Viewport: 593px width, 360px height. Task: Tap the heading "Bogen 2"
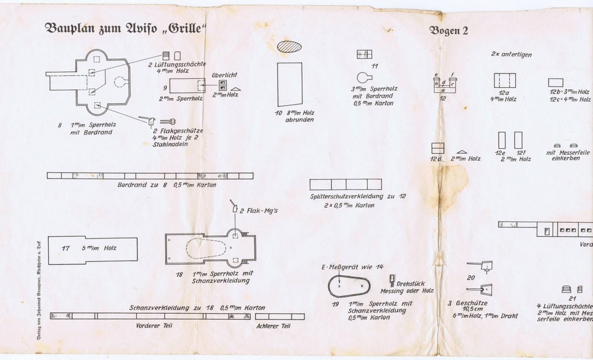pyautogui.click(x=449, y=31)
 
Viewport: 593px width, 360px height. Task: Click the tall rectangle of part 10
pyautogui.click(x=290, y=84)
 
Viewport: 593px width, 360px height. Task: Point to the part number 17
pyautogui.click(x=66, y=249)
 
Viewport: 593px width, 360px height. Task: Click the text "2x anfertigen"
pyautogui.click(x=511, y=54)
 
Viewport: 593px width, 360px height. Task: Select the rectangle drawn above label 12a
pyautogui.click(x=505, y=81)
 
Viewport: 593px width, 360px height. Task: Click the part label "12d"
pyautogui.click(x=436, y=159)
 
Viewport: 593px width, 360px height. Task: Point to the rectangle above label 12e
pyautogui.click(x=502, y=140)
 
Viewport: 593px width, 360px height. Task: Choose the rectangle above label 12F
pyautogui.click(x=518, y=140)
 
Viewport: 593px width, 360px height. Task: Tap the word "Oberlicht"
pyautogui.click(x=224, y=76)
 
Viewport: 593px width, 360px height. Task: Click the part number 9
pyautogui.click(x=165, y=87)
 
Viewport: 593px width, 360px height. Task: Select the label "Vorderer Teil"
pyautogui.click(x=154, y=325)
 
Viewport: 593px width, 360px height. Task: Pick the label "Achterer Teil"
pyautogui.click(x=274, y=326)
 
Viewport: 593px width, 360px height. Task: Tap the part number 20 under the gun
pyautogui.click(x=471, y=278)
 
